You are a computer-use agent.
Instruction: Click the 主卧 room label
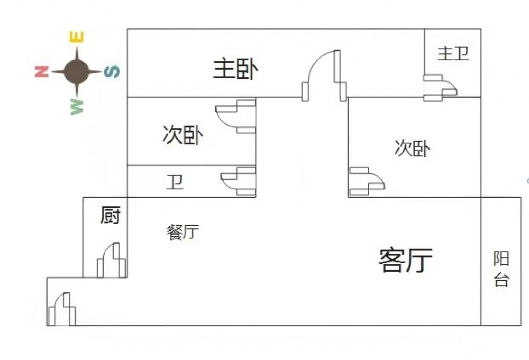tap(235, 69)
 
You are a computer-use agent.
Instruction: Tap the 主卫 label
tap(453, 53)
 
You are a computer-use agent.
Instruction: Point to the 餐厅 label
tap(183, 232)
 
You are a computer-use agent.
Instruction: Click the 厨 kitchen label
tap(111, 215)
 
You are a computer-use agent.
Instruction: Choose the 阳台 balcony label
tap(501, 269)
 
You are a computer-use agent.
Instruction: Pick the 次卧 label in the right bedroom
tap(412, 149)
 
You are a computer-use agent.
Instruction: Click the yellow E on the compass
tap(77, 38)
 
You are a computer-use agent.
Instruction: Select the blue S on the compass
tap(112, 71)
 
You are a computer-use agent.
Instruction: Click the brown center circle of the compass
tap(77, 71)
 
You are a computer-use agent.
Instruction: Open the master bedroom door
tap(324, 75)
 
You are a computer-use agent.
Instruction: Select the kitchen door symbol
tap(112, 260)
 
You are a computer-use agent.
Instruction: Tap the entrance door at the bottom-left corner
tap(62, 309)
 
